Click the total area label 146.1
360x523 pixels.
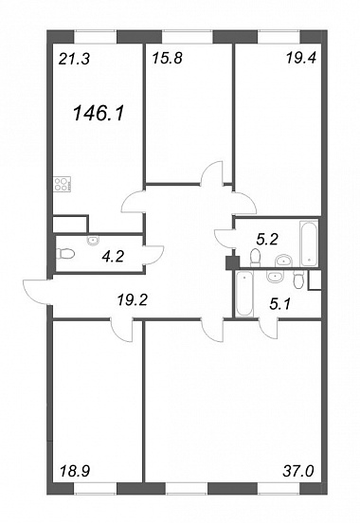tap(99, 113)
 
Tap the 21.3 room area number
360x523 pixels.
tap(74, 60)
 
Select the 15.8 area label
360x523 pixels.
tap(167, 59)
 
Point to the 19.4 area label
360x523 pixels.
tap(300, 59)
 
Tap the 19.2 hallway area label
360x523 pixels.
tap(132, 301)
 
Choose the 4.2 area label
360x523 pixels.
tap(114, 257)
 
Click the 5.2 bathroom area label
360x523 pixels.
tap(267, 239)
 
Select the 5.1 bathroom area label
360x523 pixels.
tap(279, 303)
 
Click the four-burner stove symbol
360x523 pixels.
tap(63, 184)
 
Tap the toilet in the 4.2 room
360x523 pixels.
tap(65, 254)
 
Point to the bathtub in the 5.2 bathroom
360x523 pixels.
tap(309, 243)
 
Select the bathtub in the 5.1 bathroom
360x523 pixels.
tap(243, 294)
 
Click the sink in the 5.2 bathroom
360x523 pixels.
tap(283, 261)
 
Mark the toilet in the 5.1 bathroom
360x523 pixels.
tap(299, 280)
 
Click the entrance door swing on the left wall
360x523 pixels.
tap(37, 292)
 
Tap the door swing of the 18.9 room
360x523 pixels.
tap(122, 331)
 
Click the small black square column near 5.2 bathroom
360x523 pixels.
tap(232, 262)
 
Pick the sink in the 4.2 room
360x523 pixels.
tap(93, 241)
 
